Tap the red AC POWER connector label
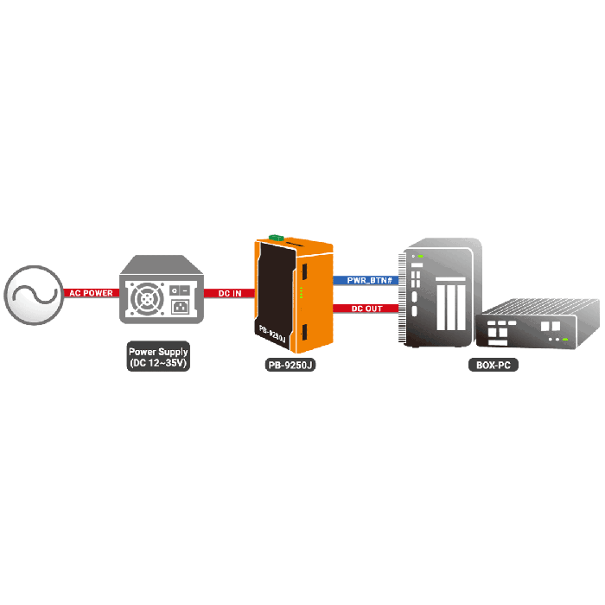coord(91,293)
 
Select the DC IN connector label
coord(229,293)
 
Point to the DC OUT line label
coord(367,308)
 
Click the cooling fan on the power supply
coord(147,300)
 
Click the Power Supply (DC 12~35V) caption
coord(158,358)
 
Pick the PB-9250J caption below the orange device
coord(290,365)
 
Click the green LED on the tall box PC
coord(421,256)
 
